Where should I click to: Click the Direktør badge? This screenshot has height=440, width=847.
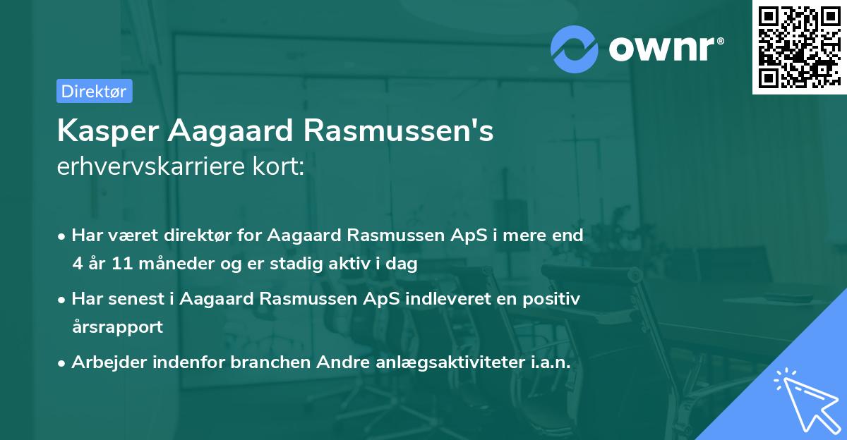[94, 91]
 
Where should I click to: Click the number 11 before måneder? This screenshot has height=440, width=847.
[107, 264]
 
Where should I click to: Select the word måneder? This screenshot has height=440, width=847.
[155, 264]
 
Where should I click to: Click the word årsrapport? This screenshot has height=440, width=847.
[117, 326]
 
